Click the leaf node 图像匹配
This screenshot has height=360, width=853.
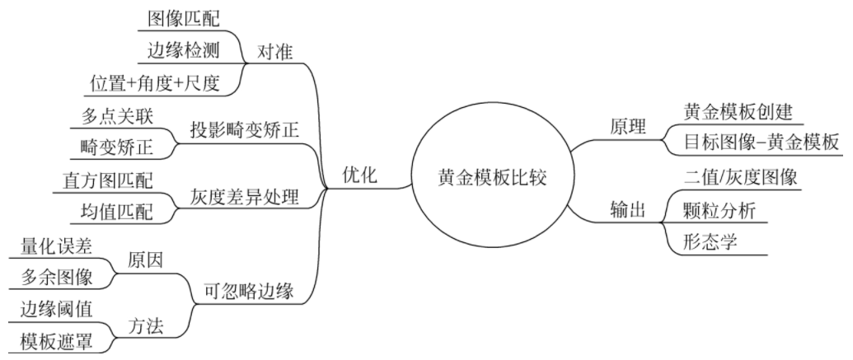click(x=184, y=17)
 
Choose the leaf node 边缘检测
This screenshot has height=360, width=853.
click(x=184, y=49)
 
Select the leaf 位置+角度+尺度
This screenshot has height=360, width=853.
click(x=156, y=82)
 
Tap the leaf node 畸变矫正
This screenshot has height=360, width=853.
click(x=120, y=147)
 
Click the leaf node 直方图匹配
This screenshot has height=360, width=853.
click(x=108, y=179)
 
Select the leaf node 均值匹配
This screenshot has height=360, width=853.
click(x=120, y=210)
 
